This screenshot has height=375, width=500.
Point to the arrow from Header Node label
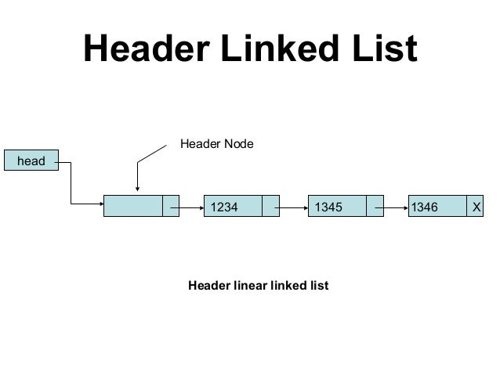point(139,172)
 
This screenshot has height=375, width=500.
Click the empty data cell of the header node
point(132,207)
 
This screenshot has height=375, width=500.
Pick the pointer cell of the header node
point(171,207)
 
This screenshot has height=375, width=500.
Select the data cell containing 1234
point(232,207)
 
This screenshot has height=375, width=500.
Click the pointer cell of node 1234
point(271,207)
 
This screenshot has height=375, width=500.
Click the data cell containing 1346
point(436,207)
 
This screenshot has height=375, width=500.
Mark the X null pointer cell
point(475,207)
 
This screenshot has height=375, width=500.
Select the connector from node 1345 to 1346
point(392,207)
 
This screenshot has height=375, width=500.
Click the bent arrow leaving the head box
point(71,188)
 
